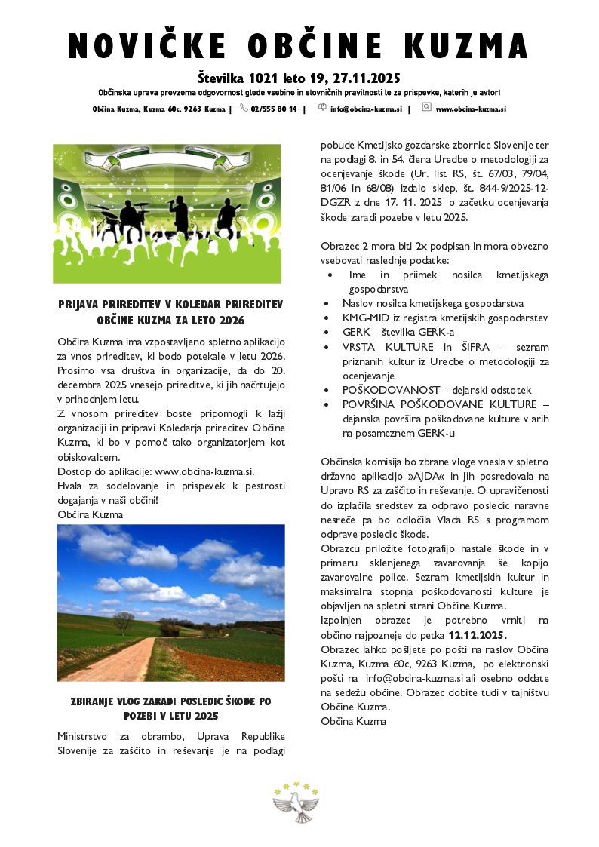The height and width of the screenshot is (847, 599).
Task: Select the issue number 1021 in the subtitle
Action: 271,78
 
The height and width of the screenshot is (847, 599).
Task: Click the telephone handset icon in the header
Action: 244,108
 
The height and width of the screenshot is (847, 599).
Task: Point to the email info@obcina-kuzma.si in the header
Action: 365,109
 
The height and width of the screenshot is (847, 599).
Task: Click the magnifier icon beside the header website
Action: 426,108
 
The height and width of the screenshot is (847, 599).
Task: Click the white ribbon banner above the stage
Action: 167,161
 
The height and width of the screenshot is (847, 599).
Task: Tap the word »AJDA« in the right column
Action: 424,476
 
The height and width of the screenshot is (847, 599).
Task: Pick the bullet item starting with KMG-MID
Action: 444,318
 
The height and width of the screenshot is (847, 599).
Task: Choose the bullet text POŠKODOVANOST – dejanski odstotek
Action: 437,390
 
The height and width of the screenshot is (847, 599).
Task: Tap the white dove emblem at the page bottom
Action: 296,801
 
